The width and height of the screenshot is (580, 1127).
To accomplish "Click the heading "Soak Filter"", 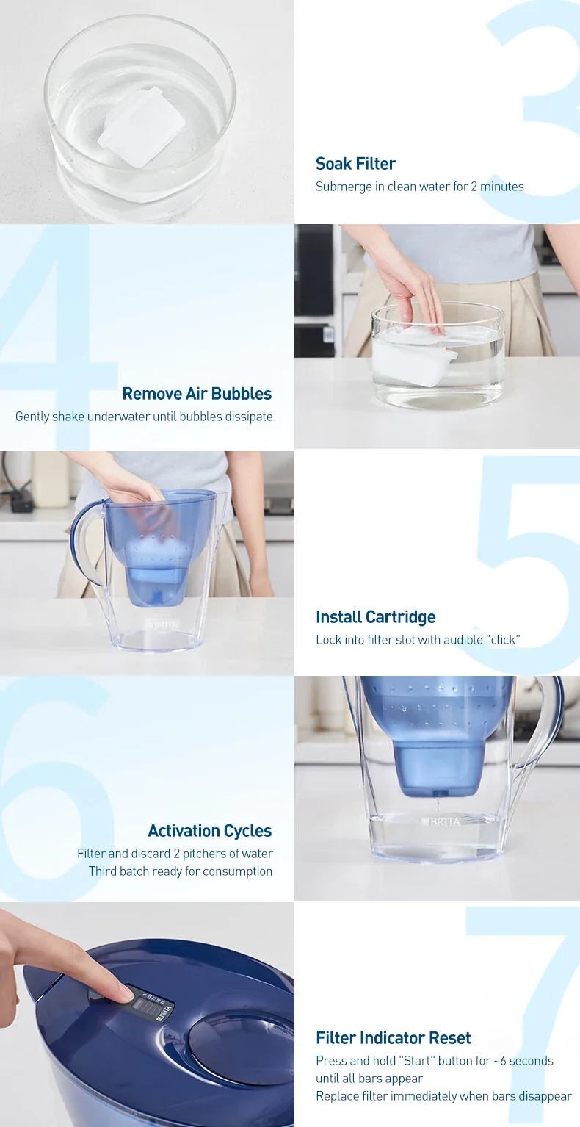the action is [355, 164].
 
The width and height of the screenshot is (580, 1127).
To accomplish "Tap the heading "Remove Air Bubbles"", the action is [197, 394].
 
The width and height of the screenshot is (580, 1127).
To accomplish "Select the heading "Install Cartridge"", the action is [375, 617].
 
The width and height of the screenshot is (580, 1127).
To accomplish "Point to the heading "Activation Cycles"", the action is [209, 831].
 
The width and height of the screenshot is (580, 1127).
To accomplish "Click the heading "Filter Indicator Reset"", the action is [393, 1037].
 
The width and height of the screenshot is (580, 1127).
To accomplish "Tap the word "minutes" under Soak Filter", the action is [501, 187].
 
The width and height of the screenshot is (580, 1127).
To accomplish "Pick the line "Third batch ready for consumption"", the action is [181, 871].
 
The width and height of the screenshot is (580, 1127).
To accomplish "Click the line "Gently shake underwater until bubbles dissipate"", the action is [144, 417].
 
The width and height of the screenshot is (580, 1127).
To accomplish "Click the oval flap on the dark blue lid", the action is [242, 1042].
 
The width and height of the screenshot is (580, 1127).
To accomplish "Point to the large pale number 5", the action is [525, 564].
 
